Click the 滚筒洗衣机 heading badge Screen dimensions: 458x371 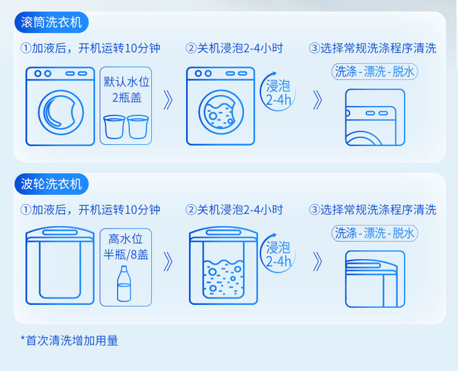(x=51, y=24)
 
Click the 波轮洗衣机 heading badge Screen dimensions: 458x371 (x=51, y=185)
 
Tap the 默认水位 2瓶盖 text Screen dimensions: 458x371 (x=126, y=89)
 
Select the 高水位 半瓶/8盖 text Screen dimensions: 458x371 (x=126, y=246)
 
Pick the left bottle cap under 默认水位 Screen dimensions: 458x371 (x=114, y=127)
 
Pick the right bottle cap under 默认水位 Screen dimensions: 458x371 (x=138, y=127)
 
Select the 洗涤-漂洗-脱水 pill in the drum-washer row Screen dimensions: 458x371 (x=375, y=71)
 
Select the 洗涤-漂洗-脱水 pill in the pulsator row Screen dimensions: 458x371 (x=375, y=233)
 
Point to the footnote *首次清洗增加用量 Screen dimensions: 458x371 (x=69, y=340)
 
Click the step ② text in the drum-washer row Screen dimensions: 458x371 (x=234, y=48)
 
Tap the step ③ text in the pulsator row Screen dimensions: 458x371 (x=373, y=209)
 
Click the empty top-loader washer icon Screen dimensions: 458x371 (x=60, y=266)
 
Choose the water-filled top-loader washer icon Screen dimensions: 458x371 (x=223, y=266)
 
